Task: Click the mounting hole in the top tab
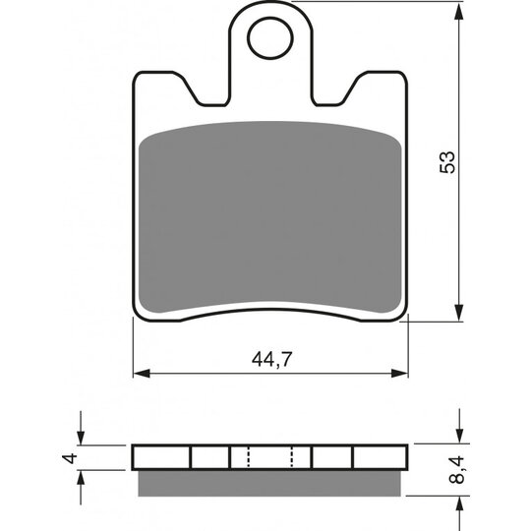(x=270, y=38)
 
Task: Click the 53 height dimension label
(x=447, y=162)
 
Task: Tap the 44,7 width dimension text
(x=271, y=359)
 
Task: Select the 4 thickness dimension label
(x=70, y=458)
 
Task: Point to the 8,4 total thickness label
(x=459, y=469)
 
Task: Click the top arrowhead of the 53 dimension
(x=458, y=11)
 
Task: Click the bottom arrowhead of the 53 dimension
(x=458, y=313)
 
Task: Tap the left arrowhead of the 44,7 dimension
(x=142, y=374)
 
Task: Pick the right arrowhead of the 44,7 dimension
(x=399, y=374)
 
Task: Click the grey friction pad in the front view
(x=270, y=216)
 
